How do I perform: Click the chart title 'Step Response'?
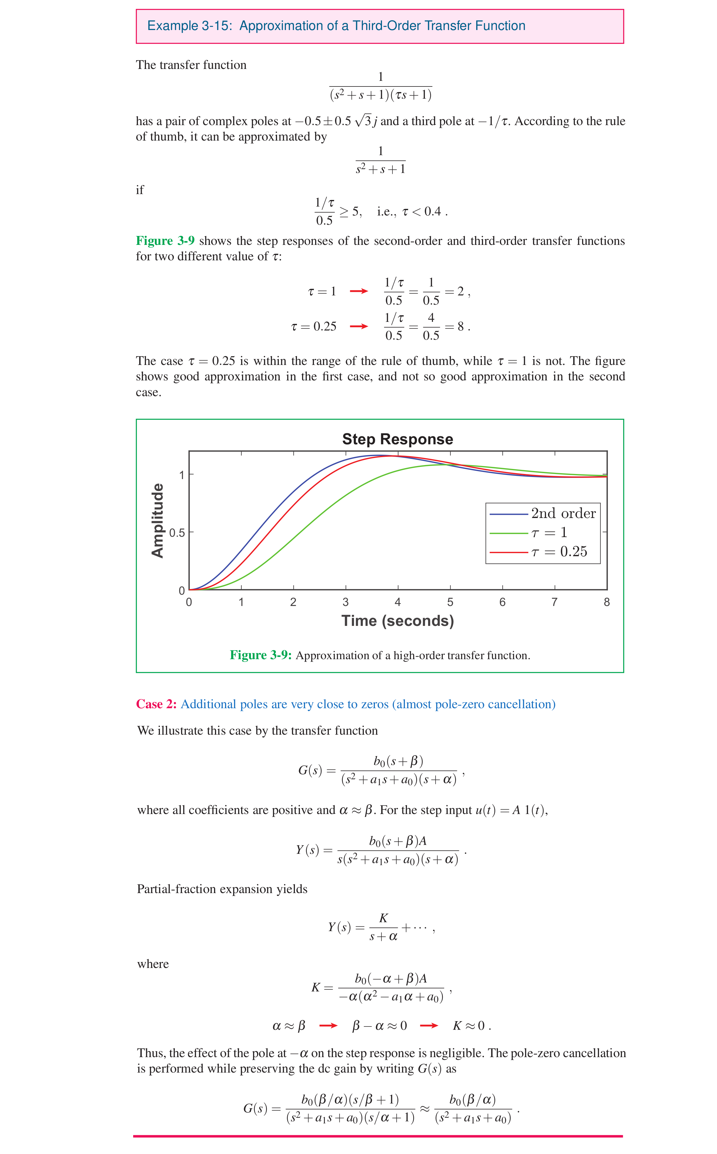397,439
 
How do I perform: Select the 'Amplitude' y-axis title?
158,521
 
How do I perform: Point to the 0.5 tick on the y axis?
177,533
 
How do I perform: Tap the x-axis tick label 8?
606,602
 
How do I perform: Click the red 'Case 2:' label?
156,704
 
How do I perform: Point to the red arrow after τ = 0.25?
359,326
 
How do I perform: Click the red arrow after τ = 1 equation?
359,291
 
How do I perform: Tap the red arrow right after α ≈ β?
328,1026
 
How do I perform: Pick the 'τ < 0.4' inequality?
422,212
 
